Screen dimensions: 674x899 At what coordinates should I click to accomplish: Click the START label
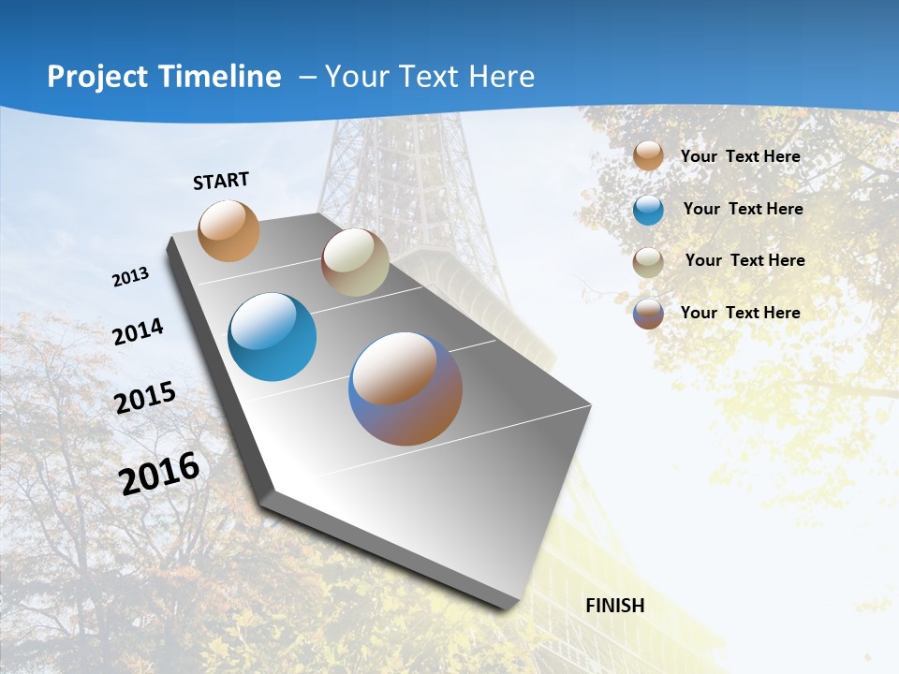(x=222, y=181)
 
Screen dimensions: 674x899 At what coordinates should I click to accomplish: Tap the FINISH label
(x=615, y=606)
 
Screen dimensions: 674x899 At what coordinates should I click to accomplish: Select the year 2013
(x=131, y=277)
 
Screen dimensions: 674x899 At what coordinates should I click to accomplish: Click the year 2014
(x=139, y=331)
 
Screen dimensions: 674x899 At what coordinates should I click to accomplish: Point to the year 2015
(x=145, y=397)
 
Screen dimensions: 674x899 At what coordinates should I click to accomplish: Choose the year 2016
(x=159, y=473)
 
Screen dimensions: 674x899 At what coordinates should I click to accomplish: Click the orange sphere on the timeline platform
(x=229, y=230)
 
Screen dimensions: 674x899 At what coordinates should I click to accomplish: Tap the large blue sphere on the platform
(x=272, y=337)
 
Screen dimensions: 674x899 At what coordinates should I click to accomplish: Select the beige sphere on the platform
(x=355, y=262)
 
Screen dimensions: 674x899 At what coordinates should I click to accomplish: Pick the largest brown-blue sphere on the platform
(x=405, y=388)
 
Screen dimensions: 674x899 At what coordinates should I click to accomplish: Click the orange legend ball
(x=648, y=155)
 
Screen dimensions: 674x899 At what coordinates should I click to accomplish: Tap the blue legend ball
(x=648, y=210)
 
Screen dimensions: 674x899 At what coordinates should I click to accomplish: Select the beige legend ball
(x=648, y=261)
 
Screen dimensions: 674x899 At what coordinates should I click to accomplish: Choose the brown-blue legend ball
(x=648, y=314)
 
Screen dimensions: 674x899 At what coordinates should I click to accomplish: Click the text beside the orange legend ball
(x=740, y=156)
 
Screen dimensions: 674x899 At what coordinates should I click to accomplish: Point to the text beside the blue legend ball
(x=743, y=209)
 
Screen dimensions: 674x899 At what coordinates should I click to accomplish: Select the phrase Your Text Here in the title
(x=430, y=77)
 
